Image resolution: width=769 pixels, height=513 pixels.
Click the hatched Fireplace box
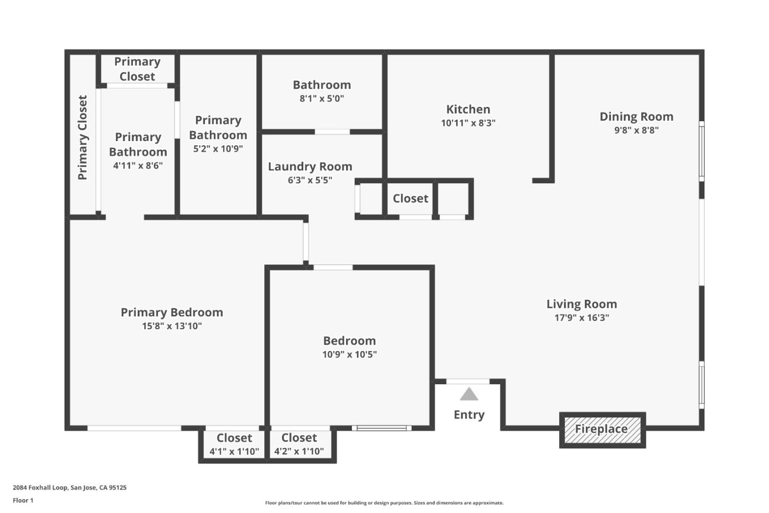point(602,430)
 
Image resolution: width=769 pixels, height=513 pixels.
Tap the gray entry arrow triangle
point(469,394)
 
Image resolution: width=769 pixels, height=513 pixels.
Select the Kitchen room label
point(468,109)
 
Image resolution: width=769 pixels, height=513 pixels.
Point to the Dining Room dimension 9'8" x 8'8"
point(636,130)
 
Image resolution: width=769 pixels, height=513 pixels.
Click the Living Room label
point(582,304)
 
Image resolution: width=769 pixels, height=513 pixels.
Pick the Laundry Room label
point(310,166)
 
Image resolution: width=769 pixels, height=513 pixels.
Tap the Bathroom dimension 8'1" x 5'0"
point(321,98)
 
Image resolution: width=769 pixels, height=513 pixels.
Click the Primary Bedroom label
point(171,312)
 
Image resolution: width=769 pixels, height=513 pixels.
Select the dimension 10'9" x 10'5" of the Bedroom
point(349,354)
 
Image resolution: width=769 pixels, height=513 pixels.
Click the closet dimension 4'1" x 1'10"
point(234,452)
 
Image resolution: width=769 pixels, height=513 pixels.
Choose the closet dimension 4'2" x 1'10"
point(299,452)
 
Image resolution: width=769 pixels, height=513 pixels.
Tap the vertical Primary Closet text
point(82,137)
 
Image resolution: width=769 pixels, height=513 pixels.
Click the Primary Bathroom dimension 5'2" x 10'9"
point(218,149)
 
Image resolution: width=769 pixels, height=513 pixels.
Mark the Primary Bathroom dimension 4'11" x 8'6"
point(138,166)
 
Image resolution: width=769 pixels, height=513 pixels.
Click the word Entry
point(469,415)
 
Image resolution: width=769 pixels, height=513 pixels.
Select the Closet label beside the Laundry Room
point(410,198)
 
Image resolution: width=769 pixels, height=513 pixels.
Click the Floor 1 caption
point(23,501)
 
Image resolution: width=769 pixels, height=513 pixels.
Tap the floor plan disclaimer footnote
point(384,503)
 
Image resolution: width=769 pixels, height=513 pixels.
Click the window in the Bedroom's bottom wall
point(381,428)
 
